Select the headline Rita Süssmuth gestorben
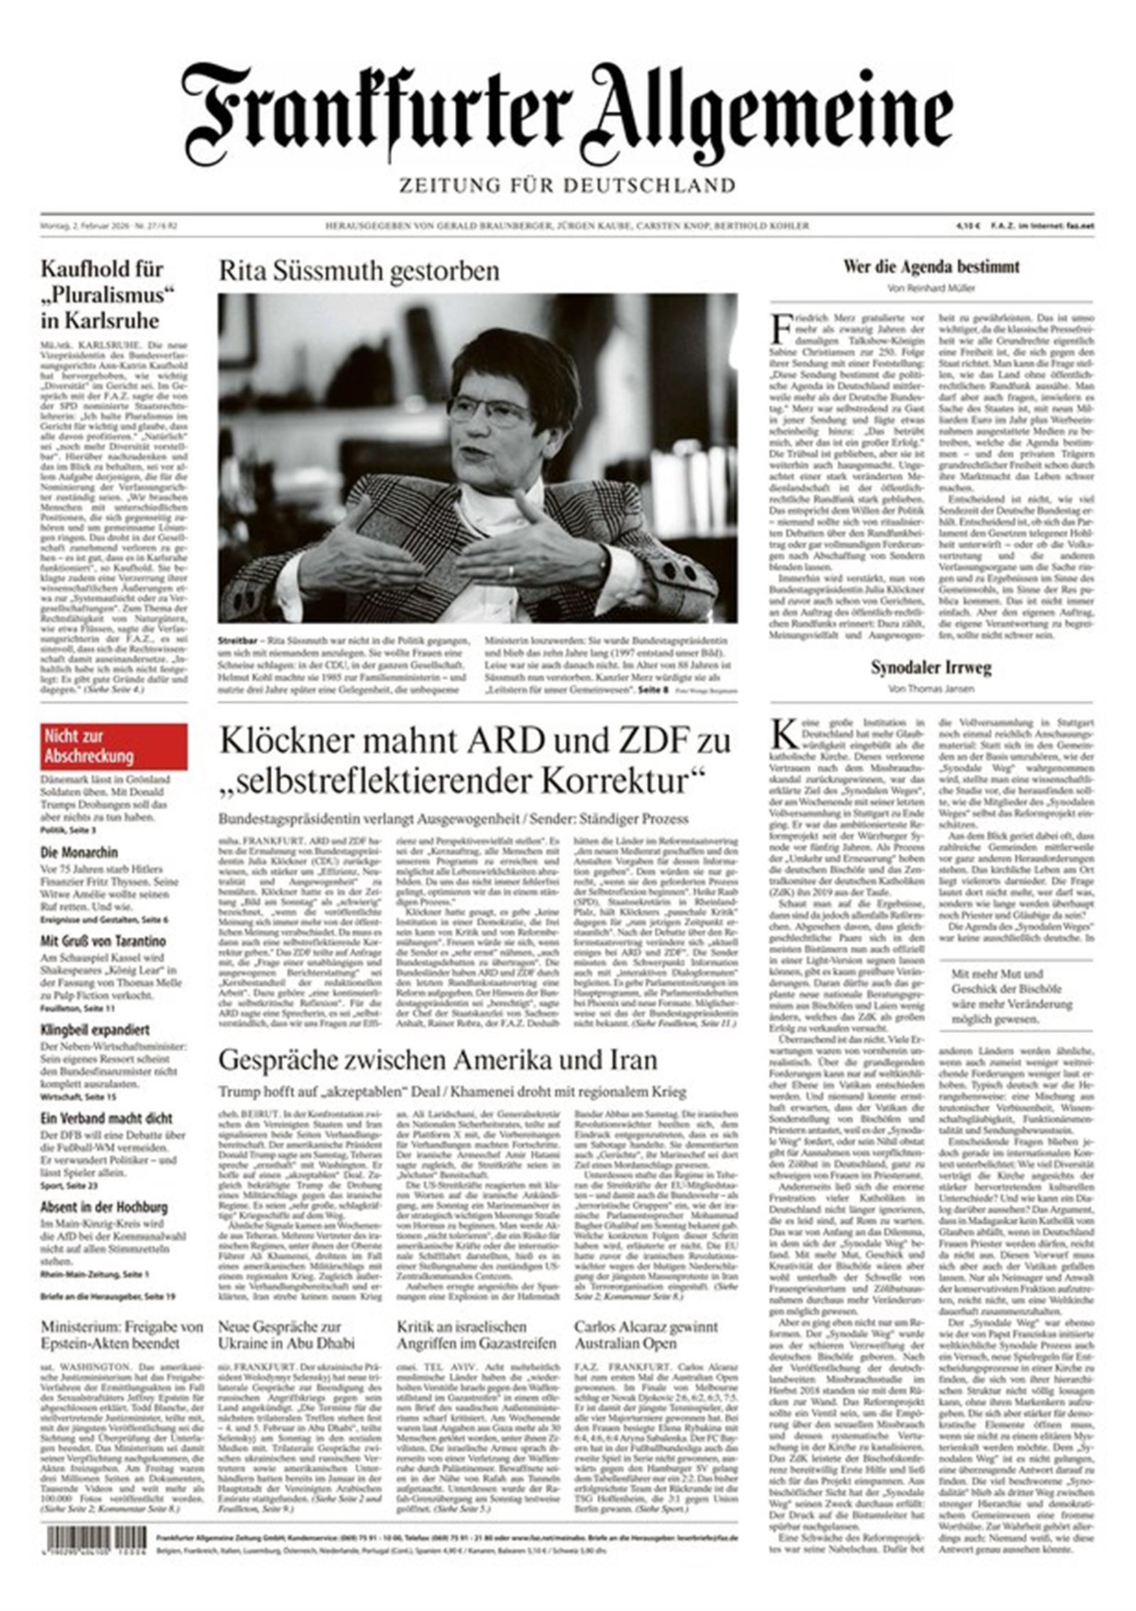pyautogui.click(x=359, y=271)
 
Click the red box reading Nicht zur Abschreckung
pyautogui.click(x=114, y=746)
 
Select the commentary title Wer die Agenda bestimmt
pyautogui.click(x=931, y=267)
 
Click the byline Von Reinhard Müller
pyautogui.click(x=931, y=288)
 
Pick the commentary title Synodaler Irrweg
pyautogui.click(x=931, y=667)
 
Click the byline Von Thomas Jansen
pyautogui.click(x=931, y=689)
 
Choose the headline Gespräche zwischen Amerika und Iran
pyautogui.click(x=437, y=1060)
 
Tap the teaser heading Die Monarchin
pyautogui.click(x=79, y=852)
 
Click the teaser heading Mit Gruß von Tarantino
pyautogui.click(x=103, y=941)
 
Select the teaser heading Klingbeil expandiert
pyautogui.click(x=94, y=1030)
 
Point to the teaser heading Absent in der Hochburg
pyautogui.click(x=104, y=1207)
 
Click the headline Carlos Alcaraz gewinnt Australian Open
pyautogui.click(x=646, y=1335)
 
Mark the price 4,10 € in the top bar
pyautogui.click(x=968, y=226)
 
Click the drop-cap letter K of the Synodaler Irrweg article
pyautogui.click(x=785, y=734)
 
